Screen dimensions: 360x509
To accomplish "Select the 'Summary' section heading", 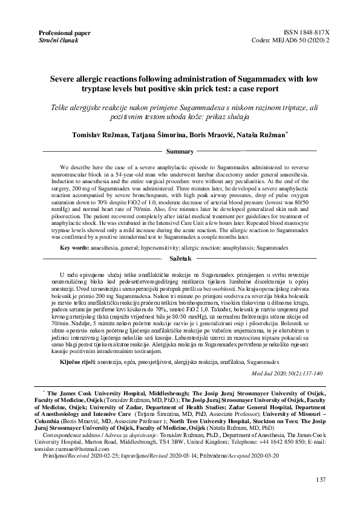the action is tap(180, 151).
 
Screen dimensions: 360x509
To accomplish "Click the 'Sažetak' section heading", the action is tap(180, 258).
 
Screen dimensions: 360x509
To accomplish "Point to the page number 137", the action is tap(321, 479).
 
